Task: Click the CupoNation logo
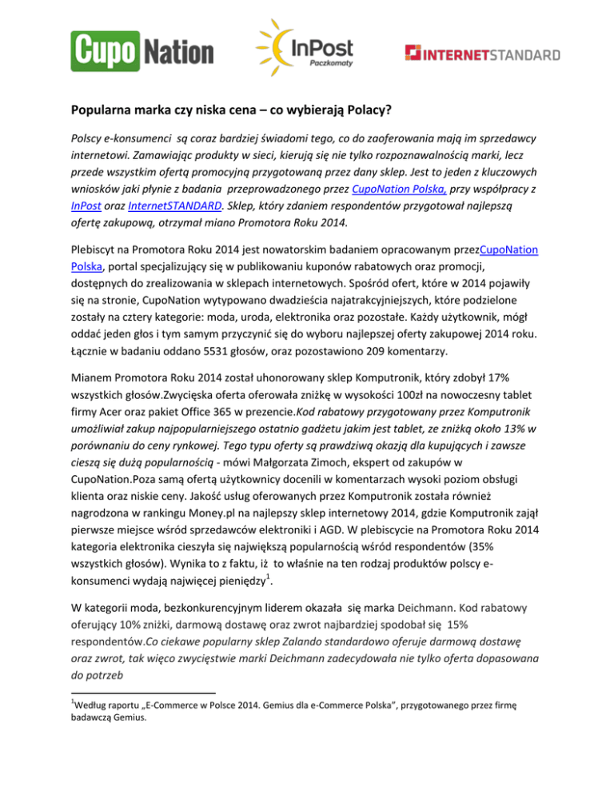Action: [142, 50]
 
